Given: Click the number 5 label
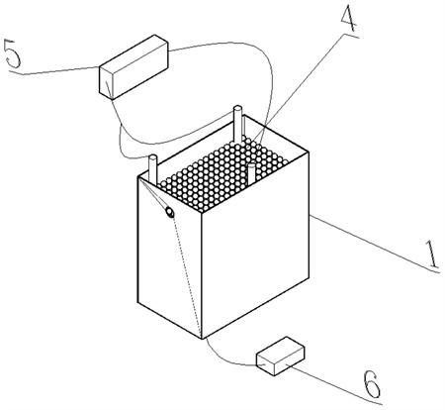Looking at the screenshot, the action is coord(13,53).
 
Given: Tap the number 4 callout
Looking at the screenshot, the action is coord(349,19).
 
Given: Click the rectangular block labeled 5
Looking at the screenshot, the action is coord(133,66).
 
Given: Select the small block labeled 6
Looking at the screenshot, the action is coord(280,356).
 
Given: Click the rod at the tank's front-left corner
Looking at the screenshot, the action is coord(153,168).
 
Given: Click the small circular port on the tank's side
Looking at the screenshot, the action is coord(170,212).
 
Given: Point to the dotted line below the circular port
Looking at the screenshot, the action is coord(186,275).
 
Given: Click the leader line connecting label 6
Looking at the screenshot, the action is coord(333,383).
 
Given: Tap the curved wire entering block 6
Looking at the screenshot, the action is coord(227,357).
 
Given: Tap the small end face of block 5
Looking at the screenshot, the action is coord(106,82).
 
